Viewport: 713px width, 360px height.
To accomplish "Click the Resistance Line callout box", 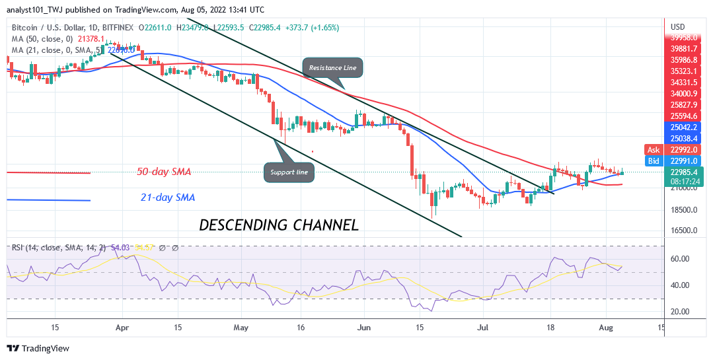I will (332, 68).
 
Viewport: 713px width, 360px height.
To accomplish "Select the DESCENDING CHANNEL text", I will (279, 225).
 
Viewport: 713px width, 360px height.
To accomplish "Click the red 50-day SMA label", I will (164, 172).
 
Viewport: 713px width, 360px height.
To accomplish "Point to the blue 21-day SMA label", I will (167, 197).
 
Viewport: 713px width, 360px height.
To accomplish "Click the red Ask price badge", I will (654, 149).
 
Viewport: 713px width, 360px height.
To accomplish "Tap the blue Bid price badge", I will (654, 161).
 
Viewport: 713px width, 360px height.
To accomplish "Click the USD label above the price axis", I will (678, 26).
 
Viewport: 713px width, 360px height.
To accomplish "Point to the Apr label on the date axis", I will (120, 327).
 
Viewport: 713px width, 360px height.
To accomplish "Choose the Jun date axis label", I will (363, 327).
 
